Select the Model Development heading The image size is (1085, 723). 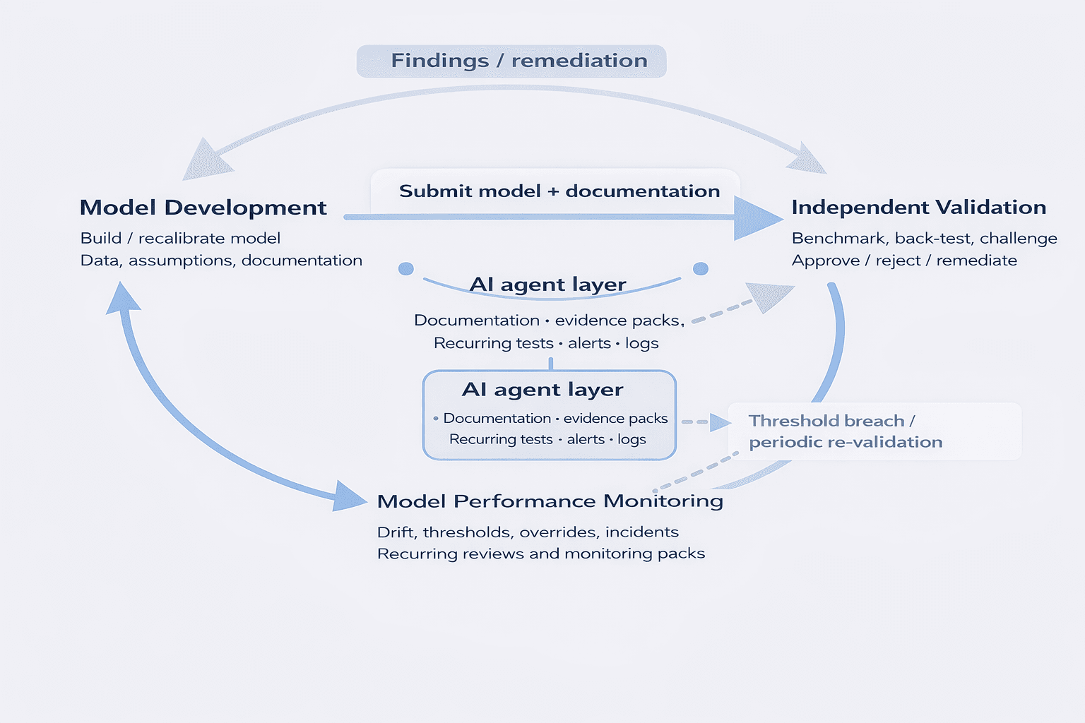[203, 208]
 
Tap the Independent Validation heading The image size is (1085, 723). [918, 208]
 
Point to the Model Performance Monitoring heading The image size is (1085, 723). [550, 501]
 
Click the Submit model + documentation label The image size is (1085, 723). [559, 191]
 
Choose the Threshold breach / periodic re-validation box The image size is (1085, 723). [874, 431]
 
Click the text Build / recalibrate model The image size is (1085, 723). [180, 239]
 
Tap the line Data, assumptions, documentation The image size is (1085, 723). [221, 261]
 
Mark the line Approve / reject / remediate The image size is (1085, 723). [904, 261]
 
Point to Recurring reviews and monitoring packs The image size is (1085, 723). [541, 554]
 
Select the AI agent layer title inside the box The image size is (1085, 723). [542, 390]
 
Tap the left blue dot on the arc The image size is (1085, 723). [406, 269]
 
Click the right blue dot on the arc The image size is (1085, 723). [701, 269]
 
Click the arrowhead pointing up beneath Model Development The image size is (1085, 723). [123, 297]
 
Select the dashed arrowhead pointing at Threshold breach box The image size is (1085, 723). [720, 422]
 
